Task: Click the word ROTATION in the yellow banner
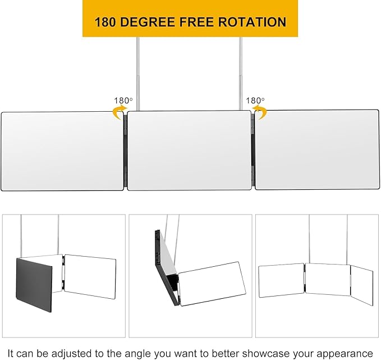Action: coord(252,22)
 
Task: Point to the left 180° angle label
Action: coord(123,101)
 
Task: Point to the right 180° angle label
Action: coord(255,100)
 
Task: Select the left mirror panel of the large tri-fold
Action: coord(62,151)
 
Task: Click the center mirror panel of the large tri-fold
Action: coord(189,151)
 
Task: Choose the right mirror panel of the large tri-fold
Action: coord(317,149)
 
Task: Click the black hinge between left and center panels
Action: coord(125,151)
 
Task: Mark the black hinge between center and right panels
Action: coord(253,151)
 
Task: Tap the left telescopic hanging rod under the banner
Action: coord(138,74)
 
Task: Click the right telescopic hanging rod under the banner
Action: coord(241,74)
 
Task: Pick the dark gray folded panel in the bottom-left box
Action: coord(34,285)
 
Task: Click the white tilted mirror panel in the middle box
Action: coord(212,284)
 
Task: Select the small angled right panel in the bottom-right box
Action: coord(362,285)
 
